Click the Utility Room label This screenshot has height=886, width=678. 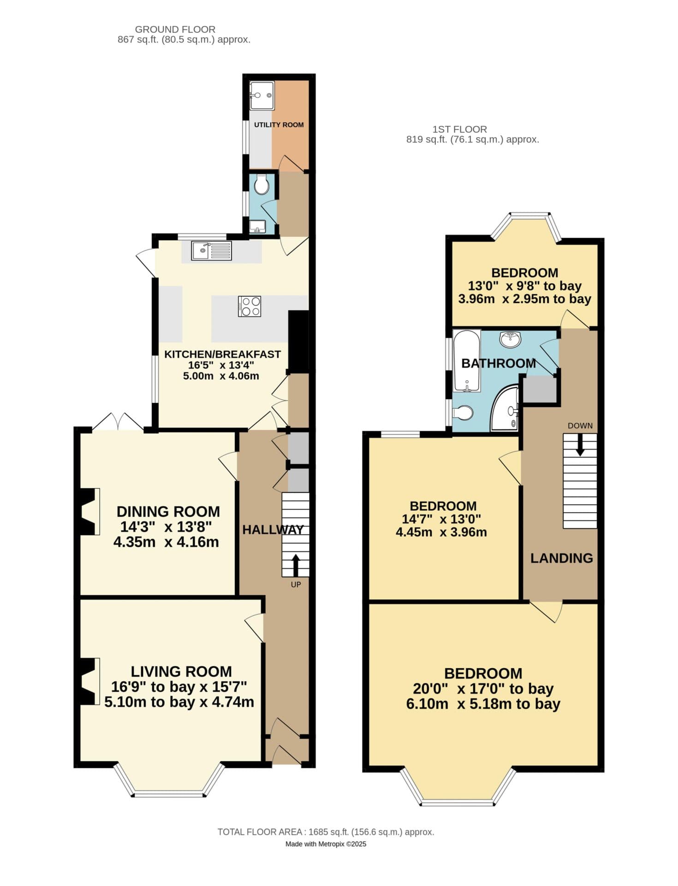279,125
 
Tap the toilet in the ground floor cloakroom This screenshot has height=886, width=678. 262,185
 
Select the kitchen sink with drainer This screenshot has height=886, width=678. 212,251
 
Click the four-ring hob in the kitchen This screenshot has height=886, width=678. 250,306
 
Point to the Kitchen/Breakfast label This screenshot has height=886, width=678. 222,354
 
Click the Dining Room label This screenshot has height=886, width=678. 168,511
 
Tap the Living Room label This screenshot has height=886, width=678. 181,671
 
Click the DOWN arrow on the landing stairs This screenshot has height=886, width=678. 580,445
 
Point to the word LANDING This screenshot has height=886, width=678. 561,558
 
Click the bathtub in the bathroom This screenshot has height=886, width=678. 467,360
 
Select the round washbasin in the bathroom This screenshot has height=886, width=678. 510,339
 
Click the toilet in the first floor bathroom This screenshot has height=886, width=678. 463,413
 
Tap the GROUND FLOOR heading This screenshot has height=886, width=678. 175,30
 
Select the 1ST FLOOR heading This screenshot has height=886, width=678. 459,129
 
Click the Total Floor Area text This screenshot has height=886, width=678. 326,832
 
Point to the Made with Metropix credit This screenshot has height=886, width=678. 326,844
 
